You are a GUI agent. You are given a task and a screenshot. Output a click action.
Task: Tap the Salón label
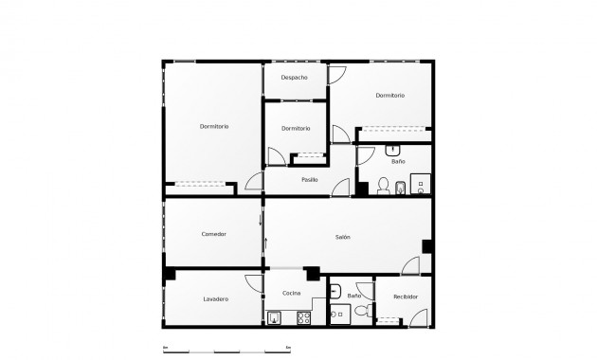tap(343, 237)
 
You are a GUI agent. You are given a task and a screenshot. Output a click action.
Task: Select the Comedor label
tap(214, 234)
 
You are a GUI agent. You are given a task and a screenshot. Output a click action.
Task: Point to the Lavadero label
tap(215, 299)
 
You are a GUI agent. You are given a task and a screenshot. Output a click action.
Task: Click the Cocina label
tap(291, 294)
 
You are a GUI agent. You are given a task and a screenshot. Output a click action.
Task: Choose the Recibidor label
tap(406, 297)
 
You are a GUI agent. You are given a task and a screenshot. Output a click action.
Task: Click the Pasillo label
tap(309, 179)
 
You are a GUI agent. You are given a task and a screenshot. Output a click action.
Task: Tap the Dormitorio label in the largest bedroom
tap(214, 127)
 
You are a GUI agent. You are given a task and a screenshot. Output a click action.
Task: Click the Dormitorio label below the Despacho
tap(296, 128)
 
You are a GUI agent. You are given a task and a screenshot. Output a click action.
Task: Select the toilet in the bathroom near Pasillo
tap(384, 184)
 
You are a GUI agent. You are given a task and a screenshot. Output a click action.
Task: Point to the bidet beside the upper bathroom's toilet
tap(400, 186)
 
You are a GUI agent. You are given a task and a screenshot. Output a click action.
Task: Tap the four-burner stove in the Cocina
tap(304, 317)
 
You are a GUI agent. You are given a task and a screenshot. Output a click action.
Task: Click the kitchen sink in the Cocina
tap(275, 317)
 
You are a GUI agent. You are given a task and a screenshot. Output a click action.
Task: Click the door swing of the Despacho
tap(336, 76)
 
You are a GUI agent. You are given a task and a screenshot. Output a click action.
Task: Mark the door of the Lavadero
tap(253, 282)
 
